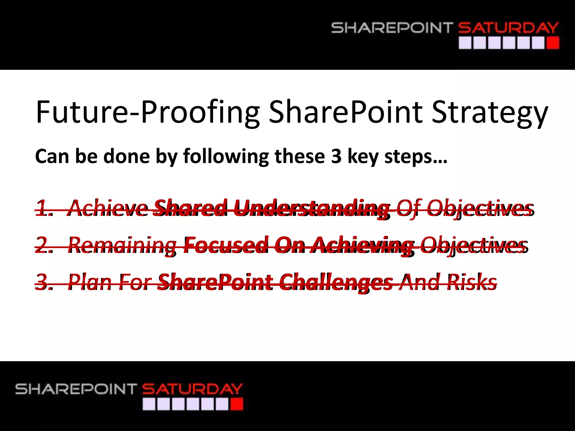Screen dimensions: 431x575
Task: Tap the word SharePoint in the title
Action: [x=345, y=112]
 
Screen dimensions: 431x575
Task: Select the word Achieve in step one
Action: [x=108, y=208]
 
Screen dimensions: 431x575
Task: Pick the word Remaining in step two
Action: [x=122, y=245]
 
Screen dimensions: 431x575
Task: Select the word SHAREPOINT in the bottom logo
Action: [x=76, y=389]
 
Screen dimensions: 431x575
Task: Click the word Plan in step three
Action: [x=90, y=282]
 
